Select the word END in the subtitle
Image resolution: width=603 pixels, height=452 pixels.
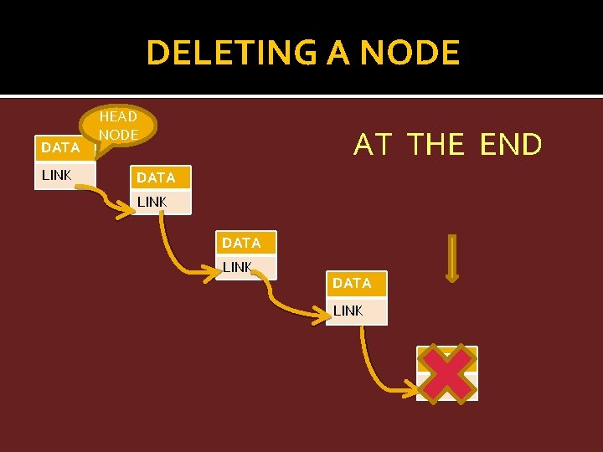coord(511,145)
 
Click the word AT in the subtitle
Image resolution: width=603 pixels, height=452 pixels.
coord(373,145)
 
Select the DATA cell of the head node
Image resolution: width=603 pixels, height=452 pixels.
coord(60,147)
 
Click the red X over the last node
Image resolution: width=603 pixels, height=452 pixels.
coord(447,372)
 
